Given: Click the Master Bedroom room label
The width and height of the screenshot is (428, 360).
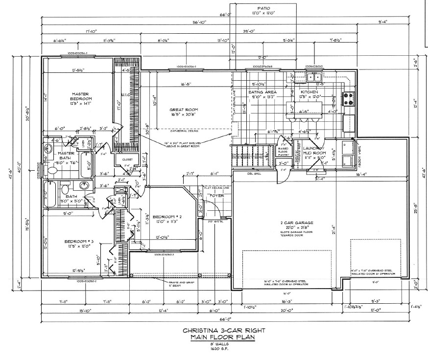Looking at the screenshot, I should pyautogui.click(x=79, y=96).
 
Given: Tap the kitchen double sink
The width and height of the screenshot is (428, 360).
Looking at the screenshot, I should pyautogui.click(x=314, y=77).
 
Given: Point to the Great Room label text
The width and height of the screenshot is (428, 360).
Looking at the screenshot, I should pyautogui.click(x=183, y=110).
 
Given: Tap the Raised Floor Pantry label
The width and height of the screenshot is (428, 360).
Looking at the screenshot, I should pyautogui.click(x=285, y=151).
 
